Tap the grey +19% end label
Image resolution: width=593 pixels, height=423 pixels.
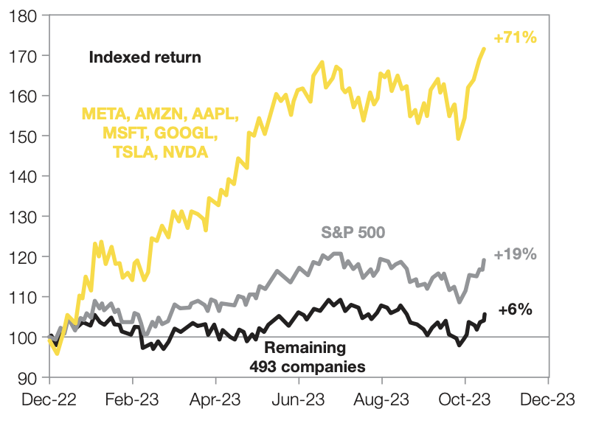coord(515,255)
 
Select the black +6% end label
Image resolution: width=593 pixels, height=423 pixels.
coord(516,310)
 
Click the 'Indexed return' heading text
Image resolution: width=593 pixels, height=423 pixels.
coord(145,57)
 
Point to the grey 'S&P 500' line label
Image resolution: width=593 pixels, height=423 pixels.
coord(354,233)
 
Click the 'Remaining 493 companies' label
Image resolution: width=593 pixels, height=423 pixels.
coord(316,356)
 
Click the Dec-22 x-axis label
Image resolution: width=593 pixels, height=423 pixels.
coord(49,402)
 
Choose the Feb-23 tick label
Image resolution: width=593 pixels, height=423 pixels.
coord(133,402)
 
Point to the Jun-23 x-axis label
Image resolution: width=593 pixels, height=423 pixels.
coord(299,402)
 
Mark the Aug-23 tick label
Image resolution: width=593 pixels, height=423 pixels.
coord(382,402)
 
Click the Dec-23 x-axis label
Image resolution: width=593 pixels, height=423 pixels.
coord(548,402)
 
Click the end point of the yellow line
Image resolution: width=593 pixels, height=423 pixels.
coord(484,49)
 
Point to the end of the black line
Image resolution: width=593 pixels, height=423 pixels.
coord(485,315)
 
